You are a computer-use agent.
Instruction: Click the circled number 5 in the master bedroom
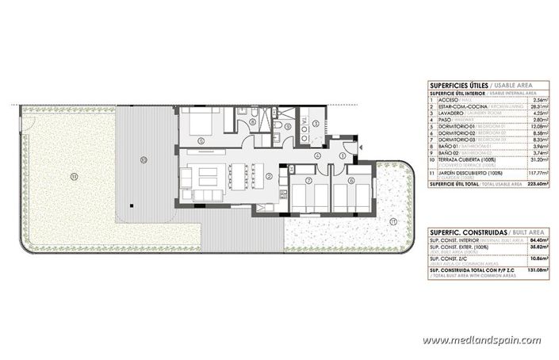pyautogui.click(x=201, y=141)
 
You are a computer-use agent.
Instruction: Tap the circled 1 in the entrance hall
pyautogui.click(x=342, y=156)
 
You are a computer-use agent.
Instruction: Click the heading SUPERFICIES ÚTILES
pyautogui.click(x=456, y=84)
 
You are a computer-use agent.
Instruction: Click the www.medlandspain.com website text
pyautogui.click(x=494, y=341)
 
